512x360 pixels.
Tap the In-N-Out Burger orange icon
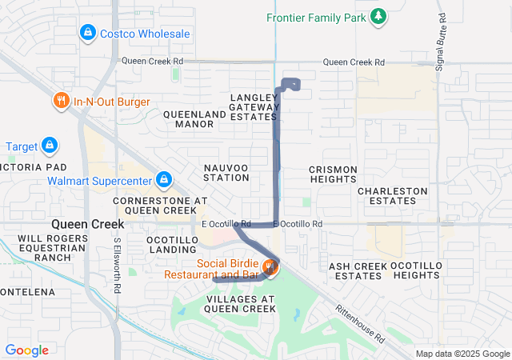(x=62, y=101)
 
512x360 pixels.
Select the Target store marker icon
(x=49, y=146)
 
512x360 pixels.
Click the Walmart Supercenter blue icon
(x=164, y=180)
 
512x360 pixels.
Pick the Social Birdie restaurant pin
(x=270, y=267)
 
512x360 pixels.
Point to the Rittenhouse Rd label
(x=359, y=323)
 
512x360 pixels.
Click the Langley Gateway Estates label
(x=254, y=106)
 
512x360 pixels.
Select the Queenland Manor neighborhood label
(x=194, y=119)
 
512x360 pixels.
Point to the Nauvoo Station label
(x=226, y=171)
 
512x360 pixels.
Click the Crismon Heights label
(x=332, y=174)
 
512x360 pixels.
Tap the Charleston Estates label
(x=392, y=196)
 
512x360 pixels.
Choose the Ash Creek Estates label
(x=358, y=270)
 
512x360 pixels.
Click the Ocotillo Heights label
(x=416, y=270)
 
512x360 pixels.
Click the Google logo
(x=27, y=350)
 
